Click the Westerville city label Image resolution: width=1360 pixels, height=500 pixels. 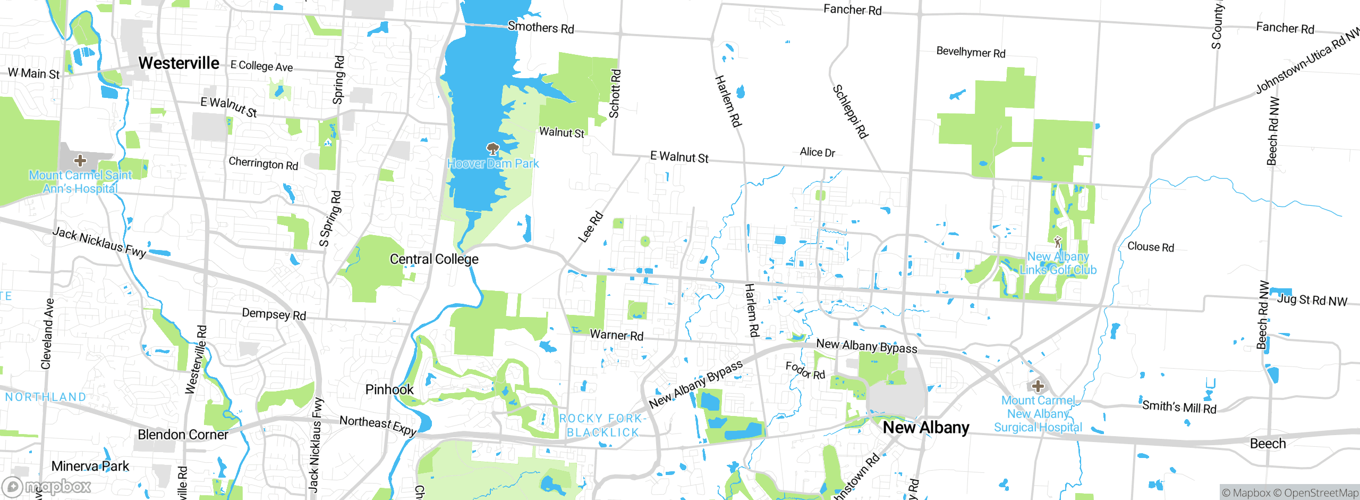click(178, 63)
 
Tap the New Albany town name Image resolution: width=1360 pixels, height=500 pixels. click(925, 428)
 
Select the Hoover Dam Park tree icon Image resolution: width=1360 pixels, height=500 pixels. click(492, 148)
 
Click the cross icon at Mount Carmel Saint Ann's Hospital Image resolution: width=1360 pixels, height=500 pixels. click(80, 160)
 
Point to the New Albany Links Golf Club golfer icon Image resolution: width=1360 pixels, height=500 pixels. click(1058, 242)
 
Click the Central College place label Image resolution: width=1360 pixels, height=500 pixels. click(434, 259)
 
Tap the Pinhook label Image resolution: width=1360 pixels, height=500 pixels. click(389, 389)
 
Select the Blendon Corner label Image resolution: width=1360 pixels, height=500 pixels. click(183, 435)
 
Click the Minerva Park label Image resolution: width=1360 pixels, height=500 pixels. click(90, 466)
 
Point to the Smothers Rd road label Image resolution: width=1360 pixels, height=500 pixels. click(541, 27)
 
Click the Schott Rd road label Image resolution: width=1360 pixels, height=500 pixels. click(615, 94)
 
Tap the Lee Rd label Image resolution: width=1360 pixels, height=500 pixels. click(590, 227)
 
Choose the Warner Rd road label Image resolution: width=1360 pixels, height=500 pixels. click(616, 335)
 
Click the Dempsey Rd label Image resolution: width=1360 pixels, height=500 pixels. click(274, 314)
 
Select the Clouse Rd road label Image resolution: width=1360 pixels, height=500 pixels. click(1151, 247)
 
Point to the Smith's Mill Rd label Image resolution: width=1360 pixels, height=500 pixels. click(1179, 407)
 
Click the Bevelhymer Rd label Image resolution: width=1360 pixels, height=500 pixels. click(971, 52)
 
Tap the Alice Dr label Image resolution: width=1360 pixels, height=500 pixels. click(817, 152)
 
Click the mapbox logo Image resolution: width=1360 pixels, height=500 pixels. click(47, 486)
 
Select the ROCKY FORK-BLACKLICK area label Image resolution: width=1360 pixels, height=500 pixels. click(602, 426)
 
